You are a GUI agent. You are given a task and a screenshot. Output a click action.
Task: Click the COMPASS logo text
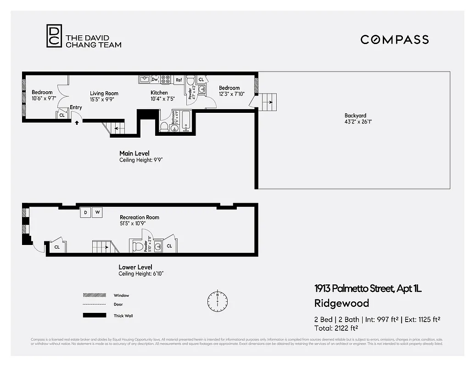[394, 39]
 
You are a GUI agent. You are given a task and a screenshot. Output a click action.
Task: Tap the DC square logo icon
[54, 36]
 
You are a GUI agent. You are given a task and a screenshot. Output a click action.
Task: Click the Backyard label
[355, 119]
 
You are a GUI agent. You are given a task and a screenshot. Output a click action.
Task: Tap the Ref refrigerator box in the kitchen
[179, 80]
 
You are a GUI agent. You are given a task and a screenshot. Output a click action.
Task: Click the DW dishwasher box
[155, 79]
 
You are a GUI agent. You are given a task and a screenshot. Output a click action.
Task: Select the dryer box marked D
[85, 213]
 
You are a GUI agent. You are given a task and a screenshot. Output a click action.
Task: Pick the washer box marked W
[97, 213]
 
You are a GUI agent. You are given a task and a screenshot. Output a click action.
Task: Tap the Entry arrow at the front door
[77, 122]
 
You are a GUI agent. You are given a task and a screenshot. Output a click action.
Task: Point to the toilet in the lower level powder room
[138, 246]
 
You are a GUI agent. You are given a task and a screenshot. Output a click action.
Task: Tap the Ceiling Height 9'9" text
[141, 160]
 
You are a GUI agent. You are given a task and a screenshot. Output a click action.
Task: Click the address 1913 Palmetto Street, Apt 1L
[368, 289]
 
